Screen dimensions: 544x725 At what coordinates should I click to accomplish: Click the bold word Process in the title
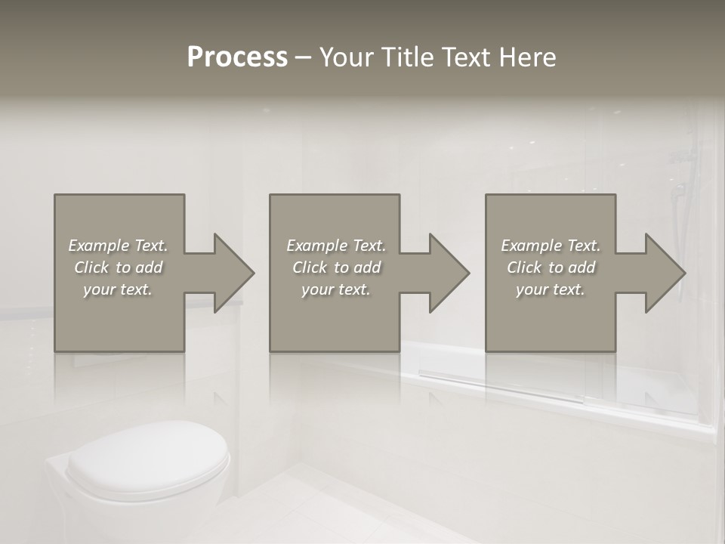point(237,57)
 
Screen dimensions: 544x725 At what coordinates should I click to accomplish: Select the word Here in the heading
point(528,57)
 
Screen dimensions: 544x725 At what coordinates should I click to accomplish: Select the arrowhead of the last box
point(664,273)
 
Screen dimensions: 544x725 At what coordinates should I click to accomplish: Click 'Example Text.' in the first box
point(118,246)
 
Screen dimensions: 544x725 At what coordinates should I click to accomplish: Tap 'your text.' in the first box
point(118,289)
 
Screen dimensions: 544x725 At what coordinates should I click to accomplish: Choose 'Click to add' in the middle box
point(336,267)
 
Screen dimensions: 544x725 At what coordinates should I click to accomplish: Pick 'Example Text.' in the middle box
point(336,246)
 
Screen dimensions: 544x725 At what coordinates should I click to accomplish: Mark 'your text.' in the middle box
point(336,289)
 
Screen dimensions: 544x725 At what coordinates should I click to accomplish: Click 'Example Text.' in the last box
point(551,246)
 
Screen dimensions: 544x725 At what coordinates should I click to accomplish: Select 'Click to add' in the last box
point(551,267)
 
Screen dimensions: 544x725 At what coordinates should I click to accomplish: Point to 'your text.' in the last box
point(551,289)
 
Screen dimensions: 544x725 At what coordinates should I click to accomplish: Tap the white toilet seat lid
point(147,453)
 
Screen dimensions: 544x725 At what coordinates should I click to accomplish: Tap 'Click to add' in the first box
point(118,267)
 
